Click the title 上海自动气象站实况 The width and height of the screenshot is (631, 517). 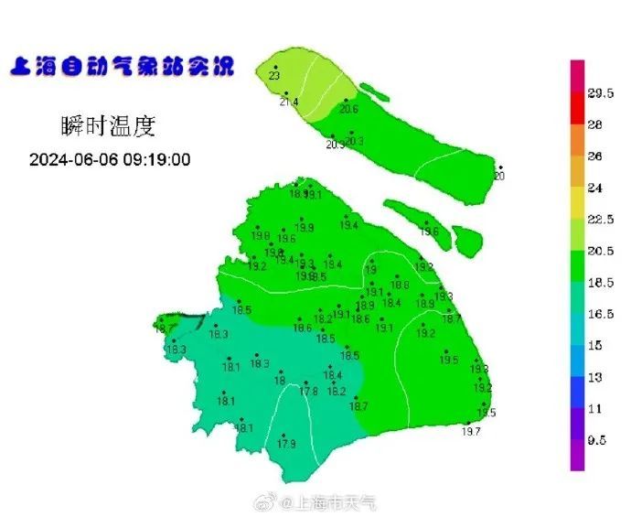pyautogui.click(x=122, y=68)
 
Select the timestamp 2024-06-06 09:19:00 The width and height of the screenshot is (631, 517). pyautogui.click(x=110, y=159)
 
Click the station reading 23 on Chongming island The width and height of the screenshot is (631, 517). pyautogui.click(x=274, y=76)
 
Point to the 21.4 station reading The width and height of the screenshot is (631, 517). pyautogui.click(x=289, y=102)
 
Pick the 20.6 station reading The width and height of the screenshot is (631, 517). pyautogui.click(x=348, y=109)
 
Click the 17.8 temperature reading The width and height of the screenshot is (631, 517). pyautogui.click(x=309, y=391)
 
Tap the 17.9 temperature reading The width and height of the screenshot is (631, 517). pyautogui.click(x=286, y=444)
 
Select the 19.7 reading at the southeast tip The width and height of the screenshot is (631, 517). pyautogui.click(x=471, y=431)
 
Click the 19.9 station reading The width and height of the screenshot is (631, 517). pyautogui.click(x=305, y=227)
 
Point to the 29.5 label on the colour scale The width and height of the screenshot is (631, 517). pyautogui.click(x=600, y=94)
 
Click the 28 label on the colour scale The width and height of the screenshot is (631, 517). pyautogui.click(x=594, y=125)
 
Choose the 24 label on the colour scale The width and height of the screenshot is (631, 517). pyautogui.click(x=594, y=188)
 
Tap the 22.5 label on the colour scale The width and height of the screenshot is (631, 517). pyautogui.click(x=600, y=220)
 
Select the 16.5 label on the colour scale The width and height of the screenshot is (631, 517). pyautogui.click(x=600, y=314)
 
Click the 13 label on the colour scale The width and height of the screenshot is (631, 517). pyautogui.click(x=594, y=377)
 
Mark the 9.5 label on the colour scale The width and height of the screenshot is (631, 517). pyautogui.click(x=597, y=440)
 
